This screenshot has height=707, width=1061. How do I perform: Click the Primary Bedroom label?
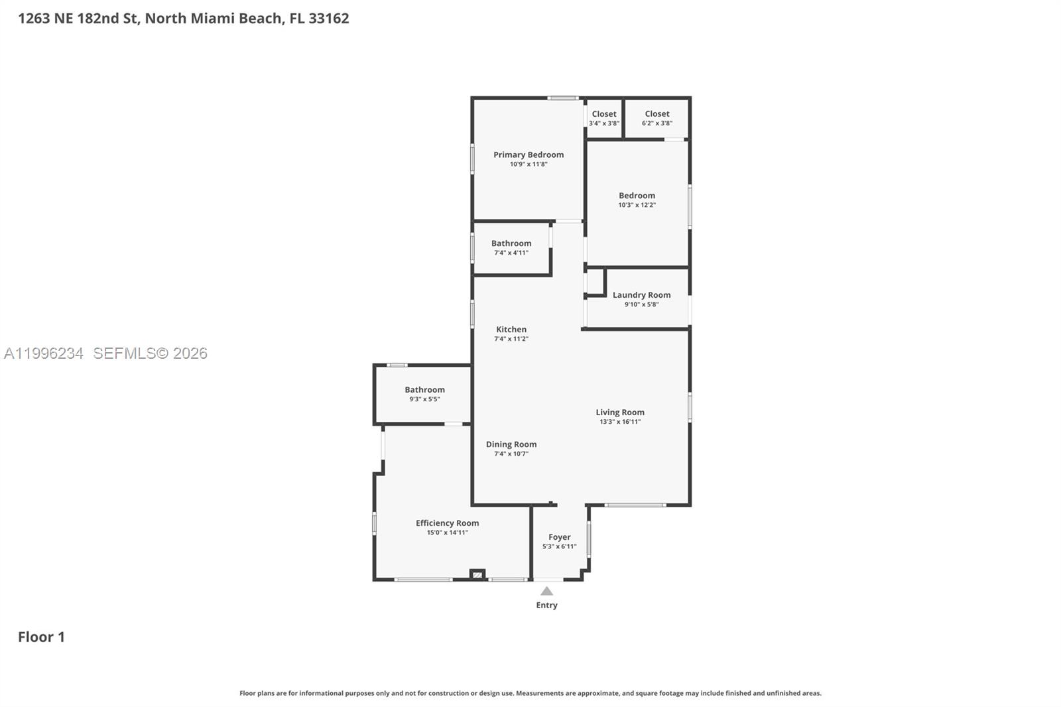click(x=529, y=155)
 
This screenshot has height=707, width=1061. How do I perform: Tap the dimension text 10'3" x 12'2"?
click(x=637, y=205)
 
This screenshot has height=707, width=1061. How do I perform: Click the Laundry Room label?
click(x=641, y=295)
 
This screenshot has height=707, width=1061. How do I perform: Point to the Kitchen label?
click(x=511, y=330)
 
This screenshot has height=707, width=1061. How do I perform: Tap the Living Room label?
click(x=619, y=413)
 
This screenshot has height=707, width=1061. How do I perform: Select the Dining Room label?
click(x=511, y=444)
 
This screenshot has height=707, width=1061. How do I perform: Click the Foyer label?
click(x=559, y=537)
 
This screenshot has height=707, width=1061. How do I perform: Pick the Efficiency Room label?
click(x=447, y=523)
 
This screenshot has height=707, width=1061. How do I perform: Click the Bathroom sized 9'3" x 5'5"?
click(x=424, y=390)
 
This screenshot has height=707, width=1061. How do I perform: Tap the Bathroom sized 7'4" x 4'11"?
click(x=511, y=243)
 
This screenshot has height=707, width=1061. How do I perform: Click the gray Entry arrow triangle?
click(x=546, y=592)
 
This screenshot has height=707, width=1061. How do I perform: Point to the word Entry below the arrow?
click(x=546, y=605)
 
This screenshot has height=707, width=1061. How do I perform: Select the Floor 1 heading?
click(x=41, y=637)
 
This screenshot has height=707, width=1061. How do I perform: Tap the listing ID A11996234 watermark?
click(x=44, y=353)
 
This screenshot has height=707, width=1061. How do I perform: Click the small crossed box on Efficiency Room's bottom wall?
click(x=477, y=574)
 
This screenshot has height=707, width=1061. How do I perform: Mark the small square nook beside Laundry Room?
click(x=595, y=282)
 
